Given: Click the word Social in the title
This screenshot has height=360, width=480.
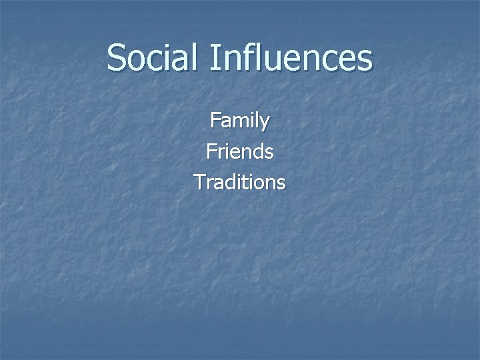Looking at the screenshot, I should pyautogui.click(x=152, y=57).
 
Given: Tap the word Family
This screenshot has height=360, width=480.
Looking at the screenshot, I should pyautogui.click(x=240, y=121).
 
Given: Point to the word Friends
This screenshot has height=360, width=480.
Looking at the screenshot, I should pyautogui.click(x=240, y=151).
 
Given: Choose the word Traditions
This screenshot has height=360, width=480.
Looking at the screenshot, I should pyautogui.click(x=240, y=181).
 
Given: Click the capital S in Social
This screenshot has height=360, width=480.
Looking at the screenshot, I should pyautogui.click(x=117, y=57).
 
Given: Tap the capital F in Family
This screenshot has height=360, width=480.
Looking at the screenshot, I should pyautogui.click(x=215, y=121).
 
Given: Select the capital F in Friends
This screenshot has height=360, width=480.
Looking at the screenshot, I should pyautogui.click(x=211, y=151).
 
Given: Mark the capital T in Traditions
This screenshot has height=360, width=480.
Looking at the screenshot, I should pyautogui.click(x=199, y=181).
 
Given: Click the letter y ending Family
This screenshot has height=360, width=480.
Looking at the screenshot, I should pyautogui.click(x=265, y=123).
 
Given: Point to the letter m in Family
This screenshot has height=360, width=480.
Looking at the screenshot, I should pyautogui.click(x=240, y=122).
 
